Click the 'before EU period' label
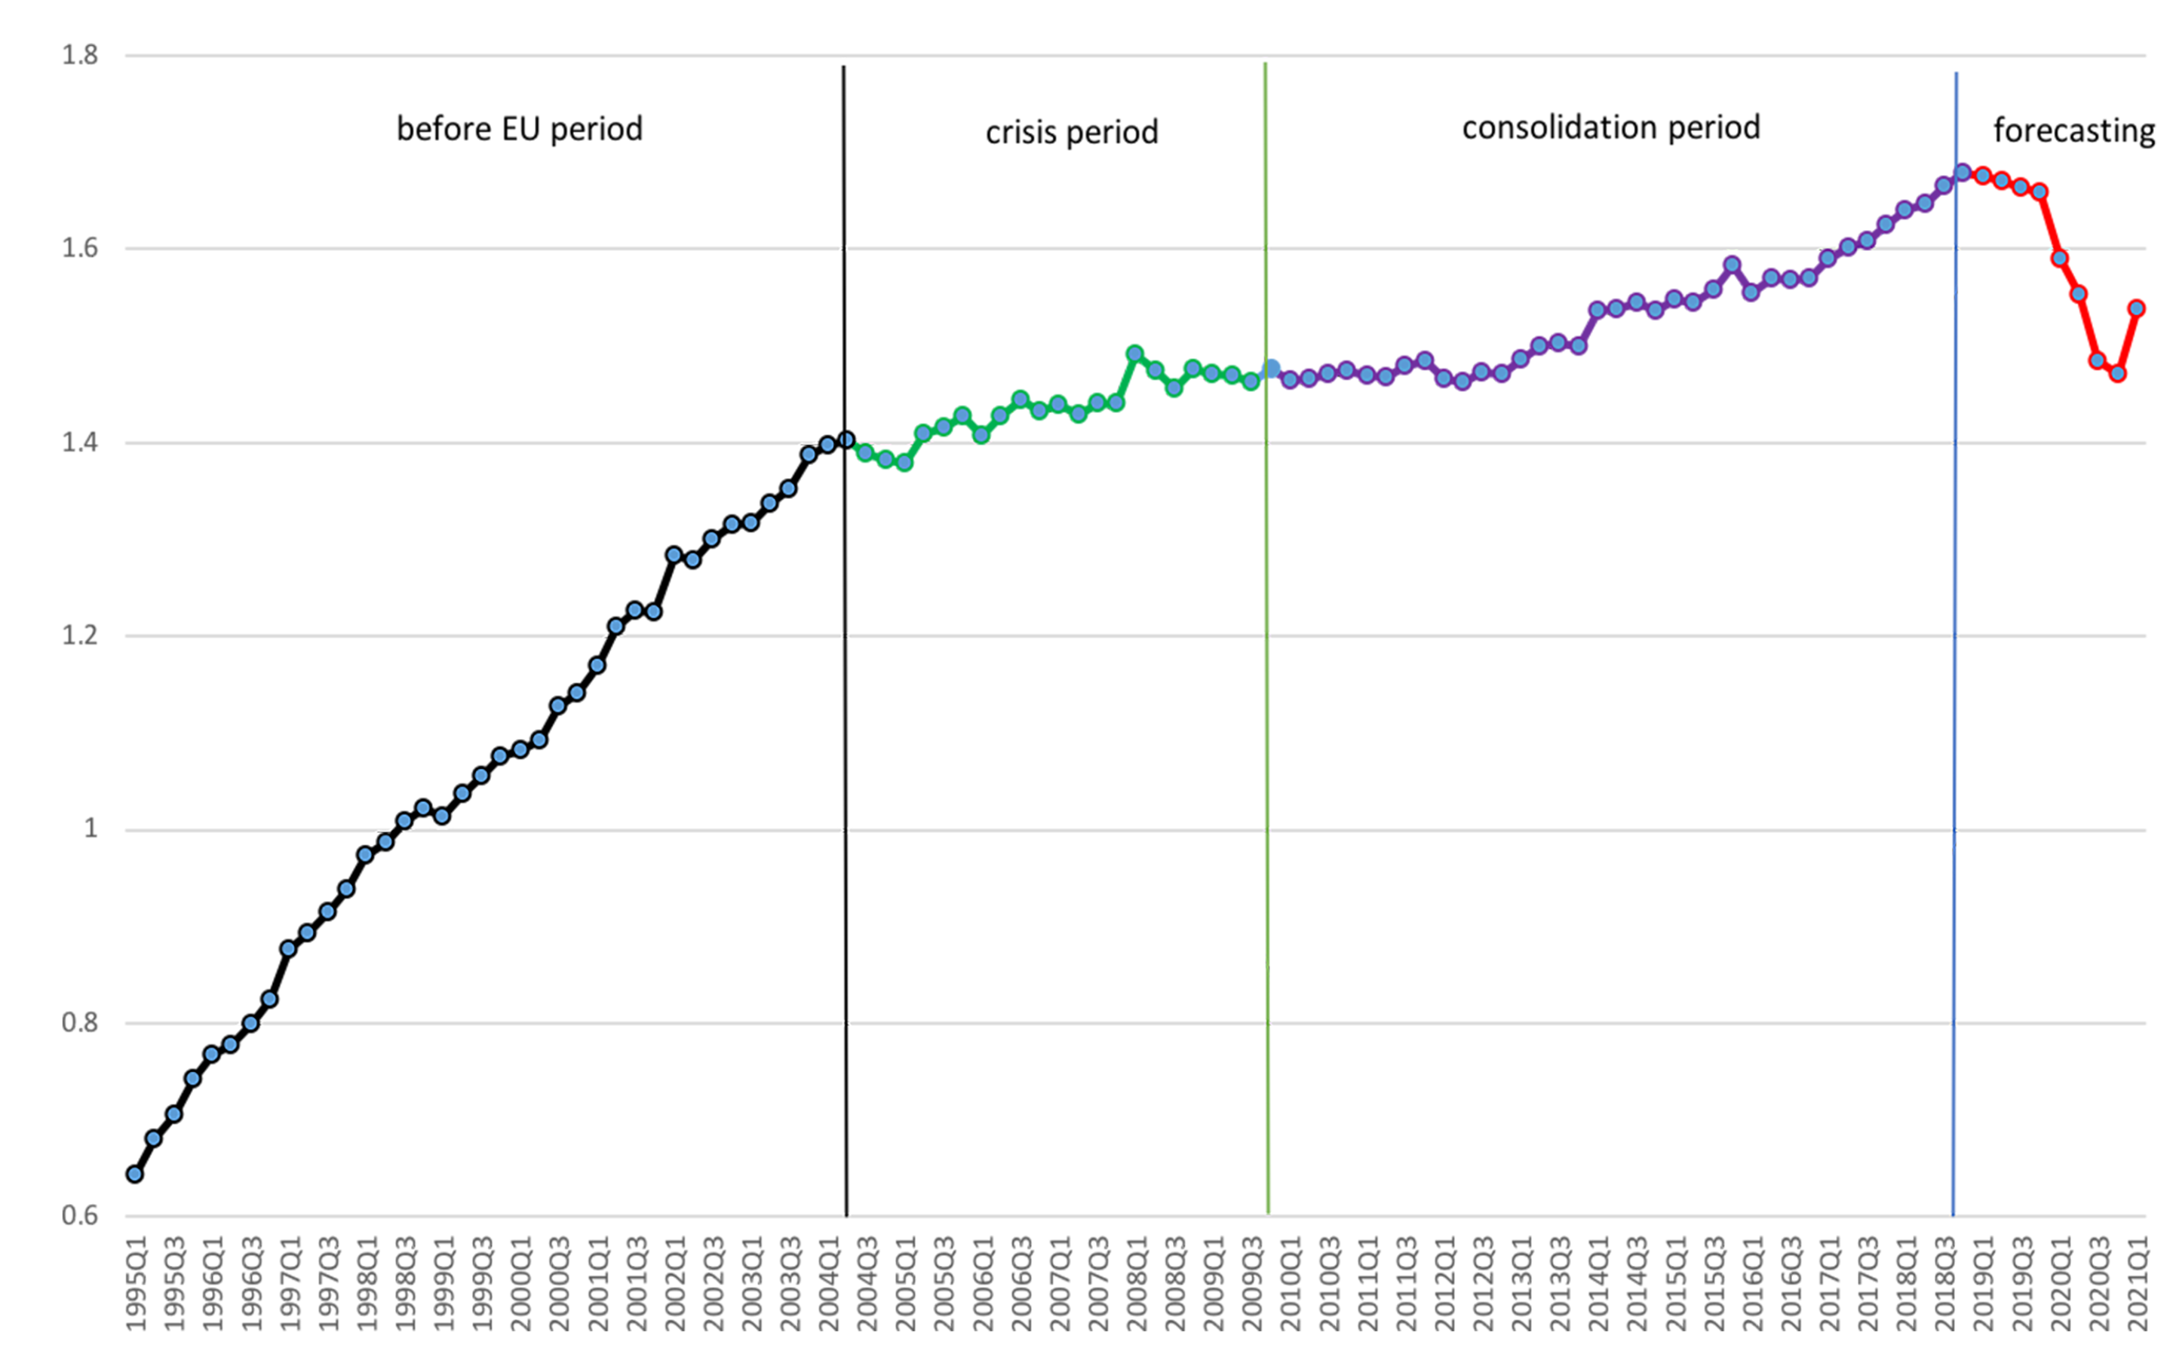[519, 129]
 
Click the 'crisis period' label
[1072, 132]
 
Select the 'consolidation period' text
[1610, 127]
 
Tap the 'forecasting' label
[2073, 130]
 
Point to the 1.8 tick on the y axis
[79, 55]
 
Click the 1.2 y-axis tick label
[79, 635]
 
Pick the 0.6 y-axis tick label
[79, 1215]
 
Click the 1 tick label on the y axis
[90, 829]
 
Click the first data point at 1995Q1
[135, 1173]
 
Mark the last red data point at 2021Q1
[2137, 308]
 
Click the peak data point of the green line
[1135, 354]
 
